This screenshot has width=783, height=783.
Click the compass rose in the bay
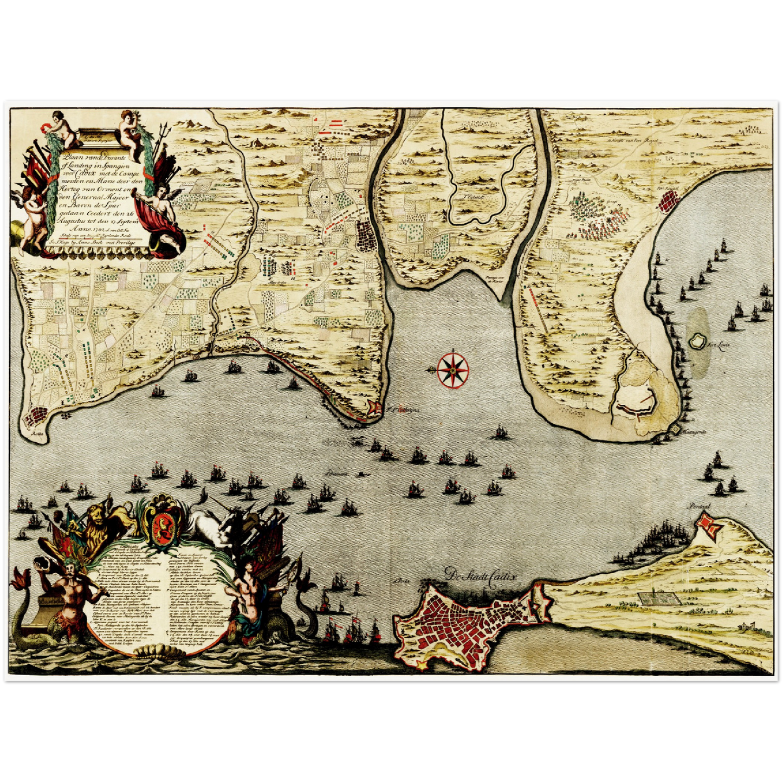pyautogui.click(x=452, y=370)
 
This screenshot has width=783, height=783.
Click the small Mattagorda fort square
pyautogui.click(x=675, y=429)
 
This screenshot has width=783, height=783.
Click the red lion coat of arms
pyautogui.click(x=161, y=525)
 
